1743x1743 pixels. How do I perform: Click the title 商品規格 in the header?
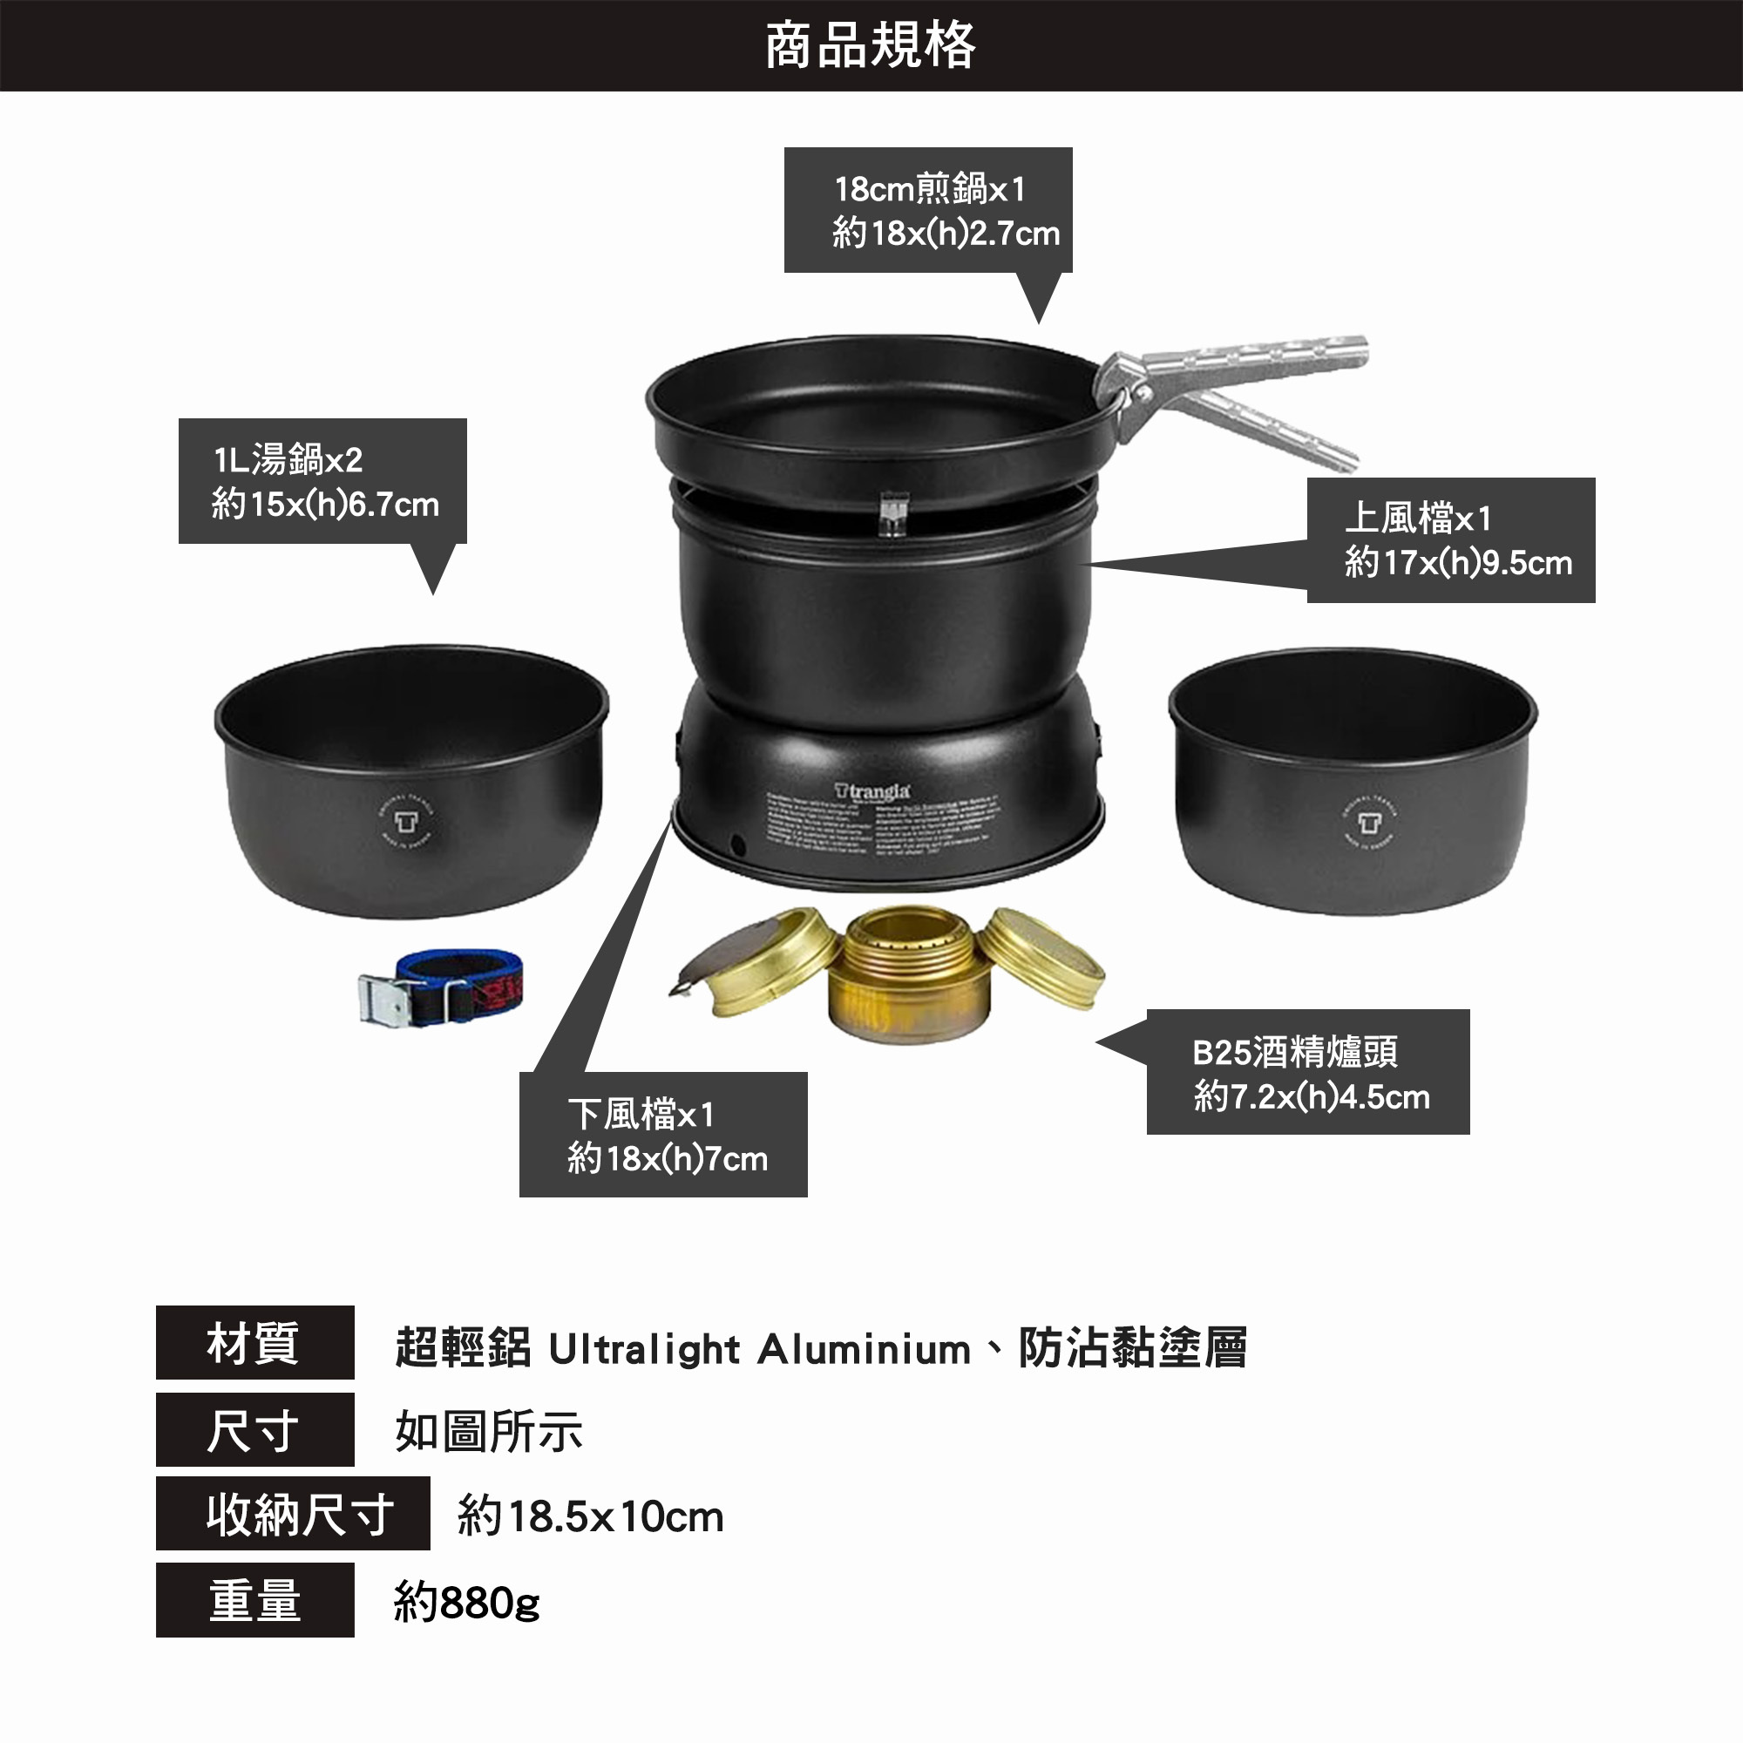point(871,46)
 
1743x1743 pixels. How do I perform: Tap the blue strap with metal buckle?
point(442,989)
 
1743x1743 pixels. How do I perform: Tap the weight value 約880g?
point(467,1604)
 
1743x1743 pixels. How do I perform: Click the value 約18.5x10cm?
point(591,1516)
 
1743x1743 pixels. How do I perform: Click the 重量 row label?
point(254,1600)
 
